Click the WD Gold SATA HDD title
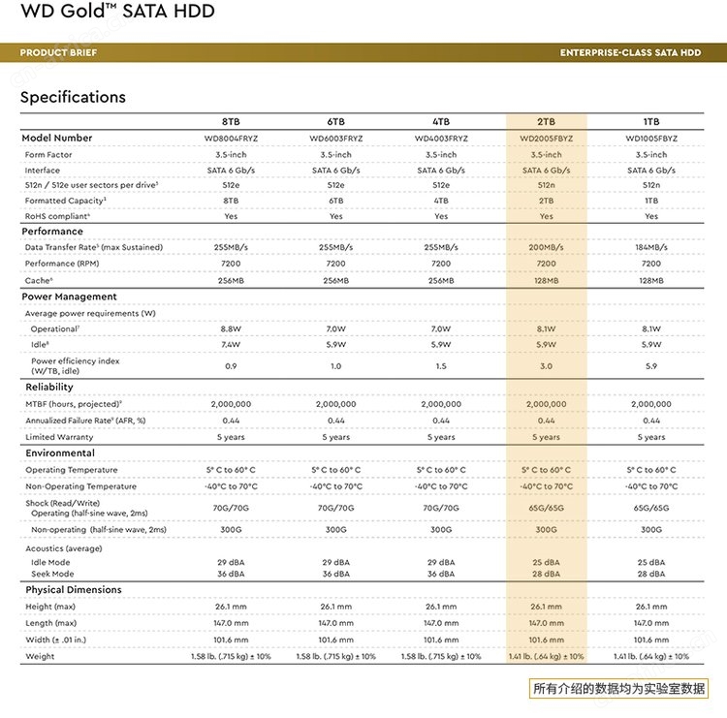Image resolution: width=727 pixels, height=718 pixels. (117, 11)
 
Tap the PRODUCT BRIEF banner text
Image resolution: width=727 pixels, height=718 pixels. (58, 52)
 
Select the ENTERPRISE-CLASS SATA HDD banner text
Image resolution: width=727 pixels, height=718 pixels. (630, 52)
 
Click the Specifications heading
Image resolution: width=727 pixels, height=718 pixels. (73, 97)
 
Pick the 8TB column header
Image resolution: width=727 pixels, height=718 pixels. (231, 121)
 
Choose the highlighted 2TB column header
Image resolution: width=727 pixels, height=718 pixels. (546, 121)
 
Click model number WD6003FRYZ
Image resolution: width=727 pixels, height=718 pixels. (336, 139)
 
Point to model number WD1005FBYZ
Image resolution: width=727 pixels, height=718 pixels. (651, 139)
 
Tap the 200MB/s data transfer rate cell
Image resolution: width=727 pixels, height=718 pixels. (546, 247)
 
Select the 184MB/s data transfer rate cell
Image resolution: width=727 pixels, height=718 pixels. (651, 247)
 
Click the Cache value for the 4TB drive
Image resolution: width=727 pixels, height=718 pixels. (441, 280)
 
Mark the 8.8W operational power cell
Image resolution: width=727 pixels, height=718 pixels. (231, 328)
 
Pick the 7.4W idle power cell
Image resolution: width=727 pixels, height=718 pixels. (231, 344)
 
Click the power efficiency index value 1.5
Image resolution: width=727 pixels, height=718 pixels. (441, 365)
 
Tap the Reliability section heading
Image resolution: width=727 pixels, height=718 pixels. (49, 387)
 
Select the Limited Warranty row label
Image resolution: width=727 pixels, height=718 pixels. (59, 437)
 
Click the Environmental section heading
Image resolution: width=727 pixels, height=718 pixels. (60, 453)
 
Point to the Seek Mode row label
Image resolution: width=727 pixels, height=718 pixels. (52, 574)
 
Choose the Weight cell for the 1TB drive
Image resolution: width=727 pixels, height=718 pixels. (651, 656)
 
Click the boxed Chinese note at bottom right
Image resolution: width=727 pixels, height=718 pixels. (618, 688)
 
